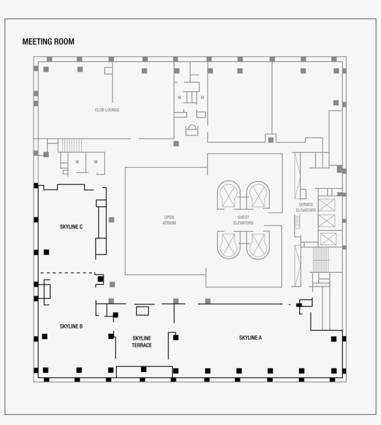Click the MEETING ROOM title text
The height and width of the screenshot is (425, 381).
[x=48, y=42]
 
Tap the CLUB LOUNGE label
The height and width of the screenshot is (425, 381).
[x=107, y=110]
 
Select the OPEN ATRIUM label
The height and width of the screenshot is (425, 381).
[x=170, y=220]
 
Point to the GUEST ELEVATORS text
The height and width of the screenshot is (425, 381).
[x=243, y=220]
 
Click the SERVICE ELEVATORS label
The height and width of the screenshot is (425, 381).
[x=306, y=207]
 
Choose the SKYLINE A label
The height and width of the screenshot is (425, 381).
[x=250, y=338]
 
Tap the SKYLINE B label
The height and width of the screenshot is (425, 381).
[x=71, y=326]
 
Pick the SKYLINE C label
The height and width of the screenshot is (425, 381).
[x=71, y=227]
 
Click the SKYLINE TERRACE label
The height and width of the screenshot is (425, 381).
[x=141, y=341]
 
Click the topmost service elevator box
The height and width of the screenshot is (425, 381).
[x=327, y=205]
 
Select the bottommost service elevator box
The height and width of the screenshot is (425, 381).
[x=328, y=239]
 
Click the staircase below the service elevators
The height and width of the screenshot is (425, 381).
[x=321, y=260]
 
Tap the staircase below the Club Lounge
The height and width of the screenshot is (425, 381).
[x=70, y=145]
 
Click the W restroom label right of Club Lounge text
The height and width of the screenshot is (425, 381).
[x=179, y=97]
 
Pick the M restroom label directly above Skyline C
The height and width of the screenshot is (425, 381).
[x=96, y=162]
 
